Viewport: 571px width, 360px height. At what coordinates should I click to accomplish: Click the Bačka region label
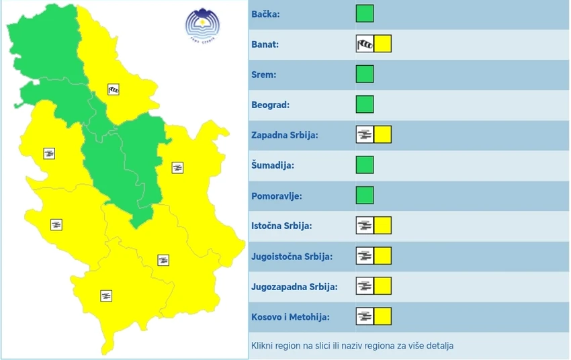(x=265, y=14)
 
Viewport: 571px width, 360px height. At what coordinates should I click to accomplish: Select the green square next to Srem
(x=365, y=75)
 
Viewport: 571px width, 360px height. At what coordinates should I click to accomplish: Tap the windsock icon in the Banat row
(x=364, y=44)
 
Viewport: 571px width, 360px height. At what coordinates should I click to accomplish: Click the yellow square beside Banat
(x=382, y=44)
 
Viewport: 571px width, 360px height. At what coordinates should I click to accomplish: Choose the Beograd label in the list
(x=271, y=105)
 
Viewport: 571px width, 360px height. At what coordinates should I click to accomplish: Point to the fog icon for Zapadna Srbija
(x=364, y=134)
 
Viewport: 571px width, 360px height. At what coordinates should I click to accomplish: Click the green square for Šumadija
(x=365, y=165)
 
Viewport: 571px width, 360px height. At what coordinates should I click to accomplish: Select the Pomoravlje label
(x=277, y=195)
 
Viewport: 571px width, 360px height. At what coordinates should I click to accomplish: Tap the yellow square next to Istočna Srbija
(x=382, y=226)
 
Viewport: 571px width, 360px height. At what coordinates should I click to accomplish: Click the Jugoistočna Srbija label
(x=292, y=256)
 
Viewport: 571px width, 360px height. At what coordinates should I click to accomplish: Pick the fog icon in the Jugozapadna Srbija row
(x=364, y=286)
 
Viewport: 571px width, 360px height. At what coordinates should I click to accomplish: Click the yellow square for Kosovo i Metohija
(x=382, y=316)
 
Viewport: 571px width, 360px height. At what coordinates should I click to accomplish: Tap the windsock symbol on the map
(x=114, y=89)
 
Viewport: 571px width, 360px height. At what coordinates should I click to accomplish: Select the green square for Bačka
(x=365, y=14)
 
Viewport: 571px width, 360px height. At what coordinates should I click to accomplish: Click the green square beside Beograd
(x=365, y=105)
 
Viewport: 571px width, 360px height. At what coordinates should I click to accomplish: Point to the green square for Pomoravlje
(x=365, y=195)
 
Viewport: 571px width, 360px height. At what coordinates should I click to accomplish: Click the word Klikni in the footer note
(x=263, y=346)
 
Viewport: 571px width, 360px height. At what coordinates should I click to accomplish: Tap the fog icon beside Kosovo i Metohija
(x=364, y=316)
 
